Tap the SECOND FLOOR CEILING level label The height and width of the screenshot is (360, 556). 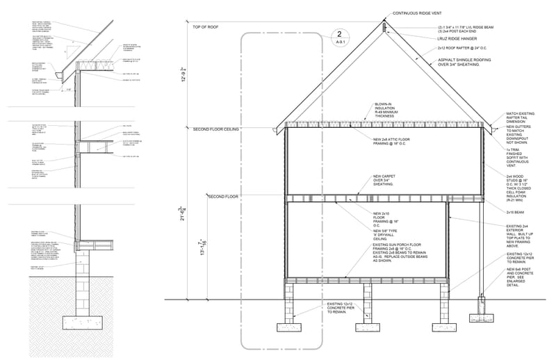tap(217, 129)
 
